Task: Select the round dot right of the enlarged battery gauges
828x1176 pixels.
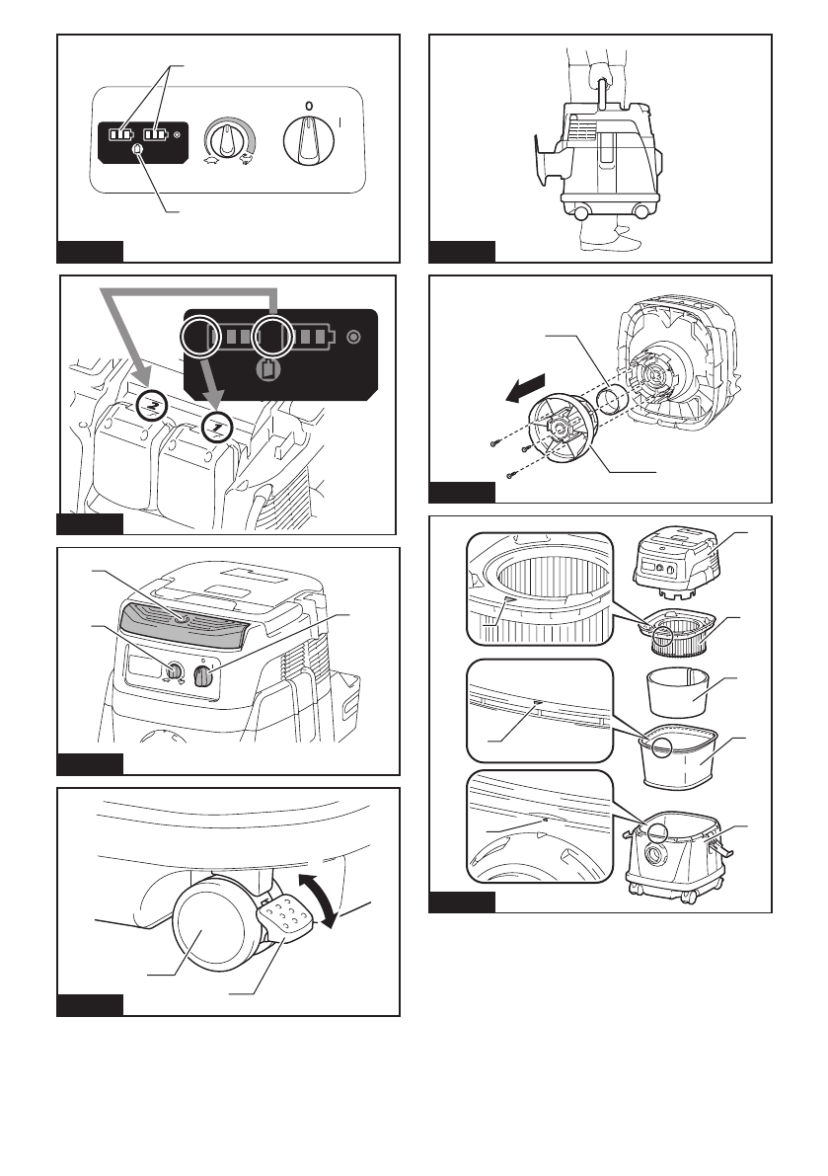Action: (355, 336)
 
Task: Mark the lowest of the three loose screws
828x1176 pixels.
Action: (510, 476)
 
